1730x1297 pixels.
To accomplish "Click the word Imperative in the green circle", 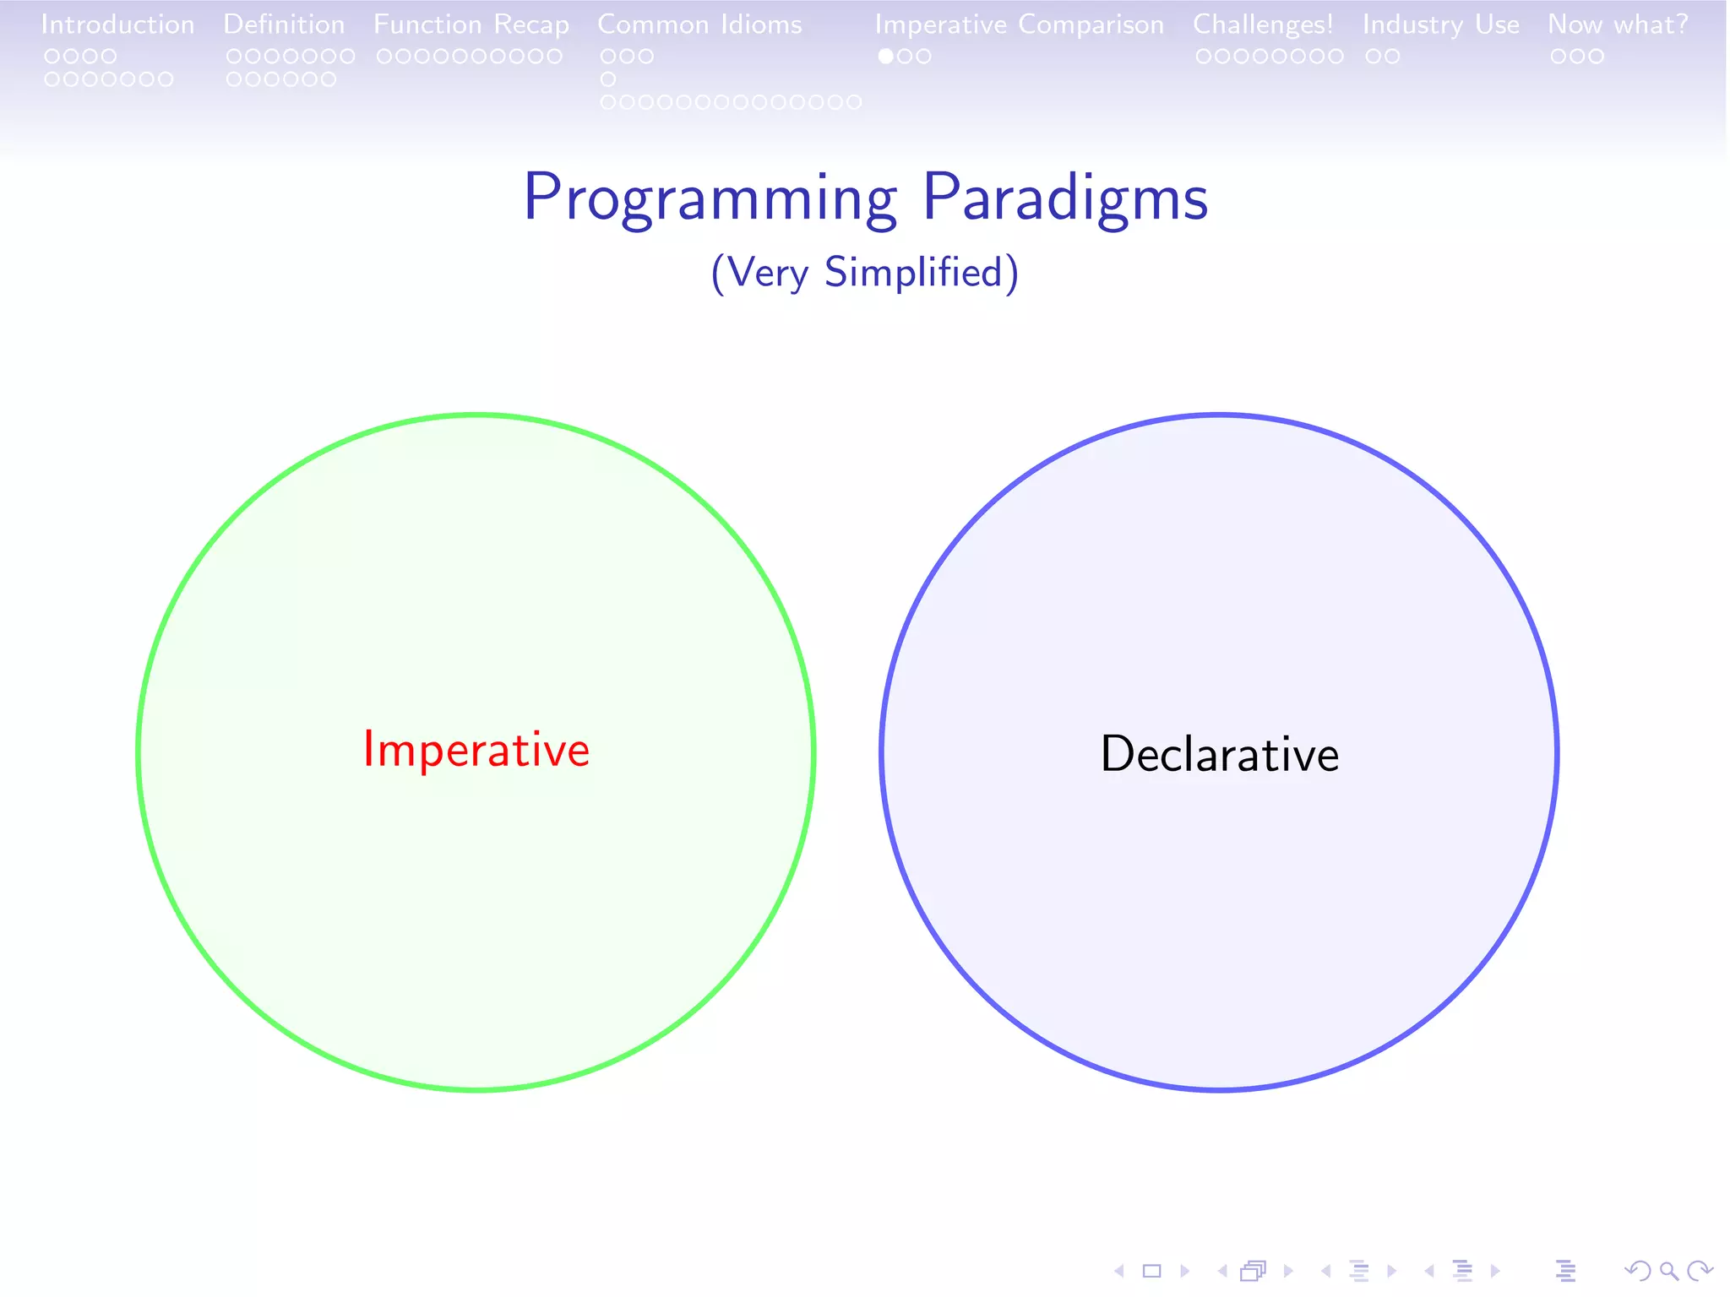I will [x=476, y=750].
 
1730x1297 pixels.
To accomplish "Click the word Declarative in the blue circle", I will [x=1219, y=754].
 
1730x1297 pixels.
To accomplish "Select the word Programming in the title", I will [x=710, y=198].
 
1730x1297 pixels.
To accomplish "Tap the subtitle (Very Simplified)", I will [x=864, y=273].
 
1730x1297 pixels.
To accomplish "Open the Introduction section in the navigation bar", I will [x=117, y=24].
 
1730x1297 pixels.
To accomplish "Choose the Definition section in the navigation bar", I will [x=284, y=24].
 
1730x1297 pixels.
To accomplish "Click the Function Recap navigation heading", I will [x=471, y=24].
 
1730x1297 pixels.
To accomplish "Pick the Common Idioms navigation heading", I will [x=699, y=24].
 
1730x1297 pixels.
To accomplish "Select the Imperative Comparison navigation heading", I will [x=1019, y=24].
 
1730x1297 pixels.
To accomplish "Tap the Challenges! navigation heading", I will [x=1263, y=24].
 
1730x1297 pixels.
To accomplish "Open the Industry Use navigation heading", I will [x=1440, y=24].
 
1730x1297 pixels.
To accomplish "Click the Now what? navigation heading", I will [x=1618, y=24].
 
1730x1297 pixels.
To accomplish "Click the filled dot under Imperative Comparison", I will [x=885, y=57].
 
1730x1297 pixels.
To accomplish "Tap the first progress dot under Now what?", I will [x=1559, y=57].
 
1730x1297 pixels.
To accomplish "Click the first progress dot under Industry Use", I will [x=1374, y=57].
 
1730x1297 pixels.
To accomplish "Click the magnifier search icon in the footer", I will [x=1668, y=1271].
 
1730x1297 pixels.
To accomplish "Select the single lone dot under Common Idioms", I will [x=608, y=79].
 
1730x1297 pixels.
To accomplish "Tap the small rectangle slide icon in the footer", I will [x=1151, y=1271].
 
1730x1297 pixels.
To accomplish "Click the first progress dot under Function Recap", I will [x=384, y=57].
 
